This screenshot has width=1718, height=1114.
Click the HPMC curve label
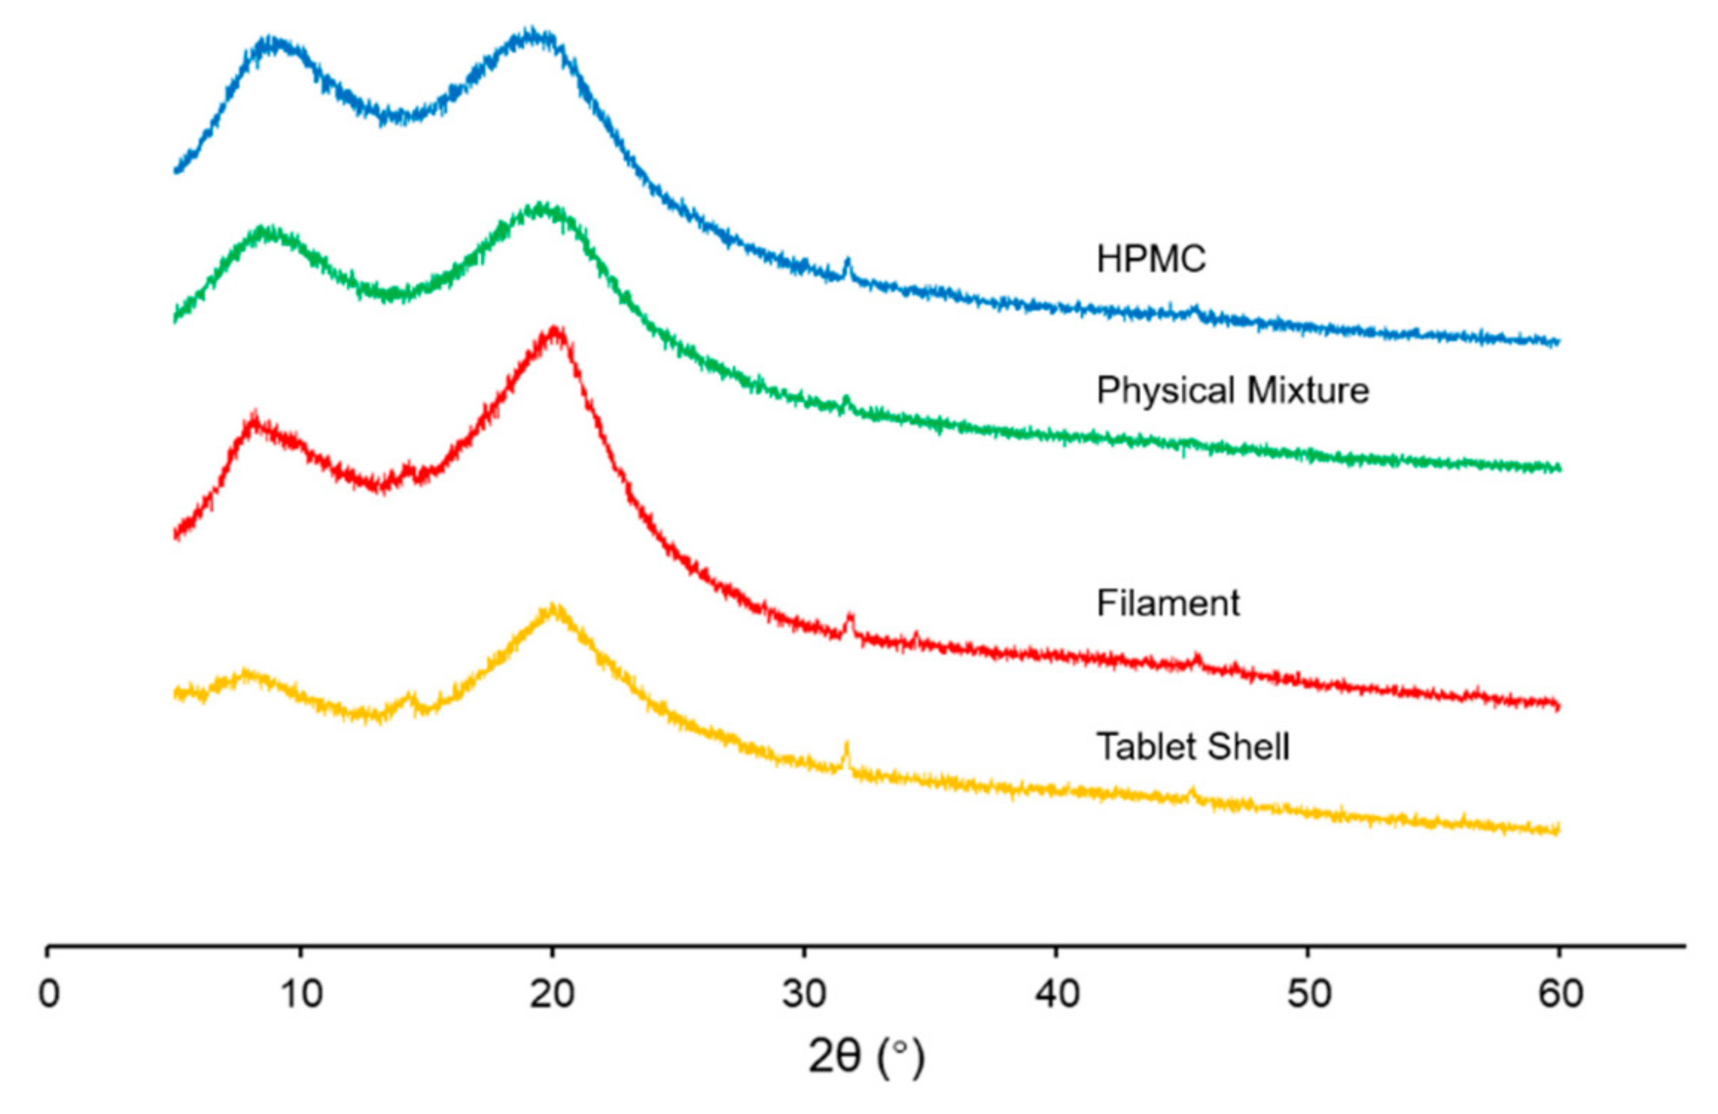pos(1150,259)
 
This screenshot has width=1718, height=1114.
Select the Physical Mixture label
pos(1232,390)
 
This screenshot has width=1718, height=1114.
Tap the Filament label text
pos(1167,602)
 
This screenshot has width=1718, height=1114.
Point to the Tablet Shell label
pos(1192,746)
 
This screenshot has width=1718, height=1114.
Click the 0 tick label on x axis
pos(49,994)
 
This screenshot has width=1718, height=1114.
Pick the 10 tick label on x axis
pos(301,994)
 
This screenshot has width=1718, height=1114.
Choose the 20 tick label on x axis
pos(552,994)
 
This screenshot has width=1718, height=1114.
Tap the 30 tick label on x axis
pos(804,994)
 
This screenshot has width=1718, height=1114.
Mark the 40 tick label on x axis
pos(1056,994)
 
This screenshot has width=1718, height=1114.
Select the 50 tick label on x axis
pos(1308,994)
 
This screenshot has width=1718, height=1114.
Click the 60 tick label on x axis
pos(1560,994)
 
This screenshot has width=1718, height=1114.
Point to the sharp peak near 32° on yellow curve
pos(846,746)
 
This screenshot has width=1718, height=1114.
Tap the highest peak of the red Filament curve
pos(555,330)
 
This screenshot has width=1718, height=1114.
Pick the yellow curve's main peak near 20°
pos(554,608)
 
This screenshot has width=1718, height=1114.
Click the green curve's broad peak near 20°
pos(540,206)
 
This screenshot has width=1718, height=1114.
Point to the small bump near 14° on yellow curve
pos(412,696)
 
